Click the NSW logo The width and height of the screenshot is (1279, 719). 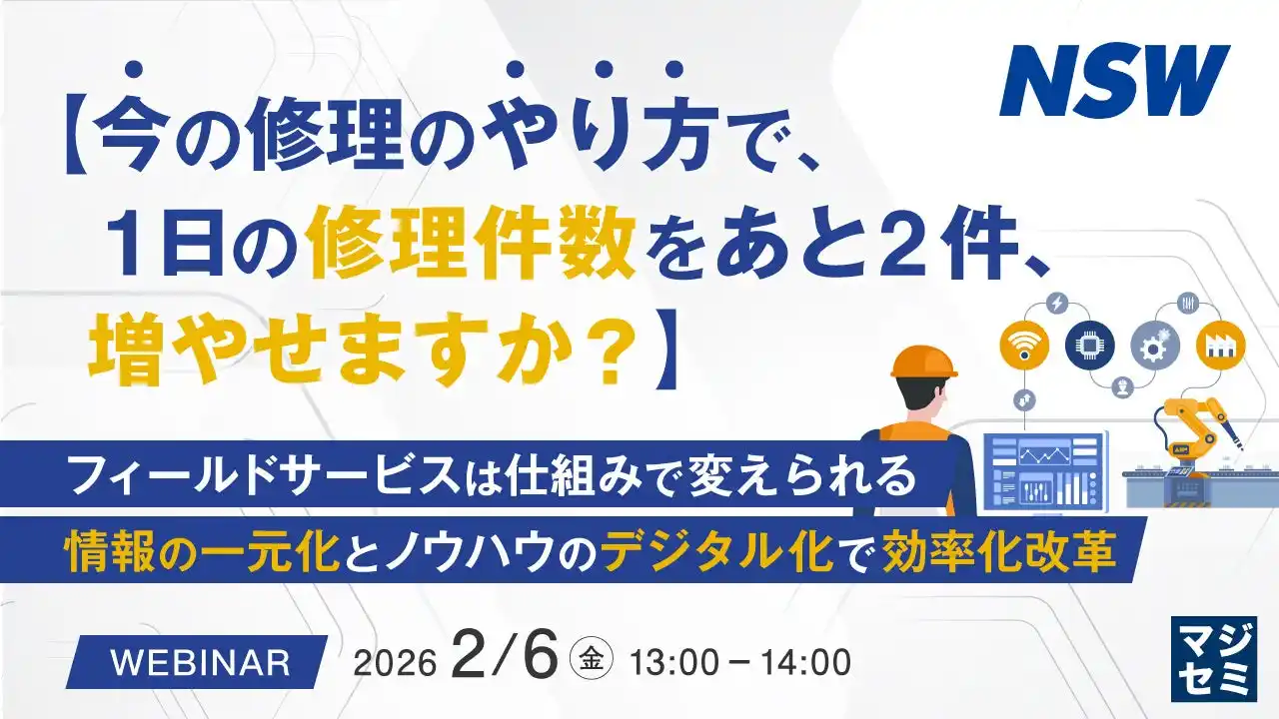(1113, 81)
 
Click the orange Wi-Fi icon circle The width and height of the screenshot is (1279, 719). (1024, 345)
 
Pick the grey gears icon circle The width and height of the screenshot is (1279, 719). (1154, 346)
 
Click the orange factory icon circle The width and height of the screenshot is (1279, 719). (1218, 345)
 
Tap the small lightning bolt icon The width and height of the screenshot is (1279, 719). (1057, 302)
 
